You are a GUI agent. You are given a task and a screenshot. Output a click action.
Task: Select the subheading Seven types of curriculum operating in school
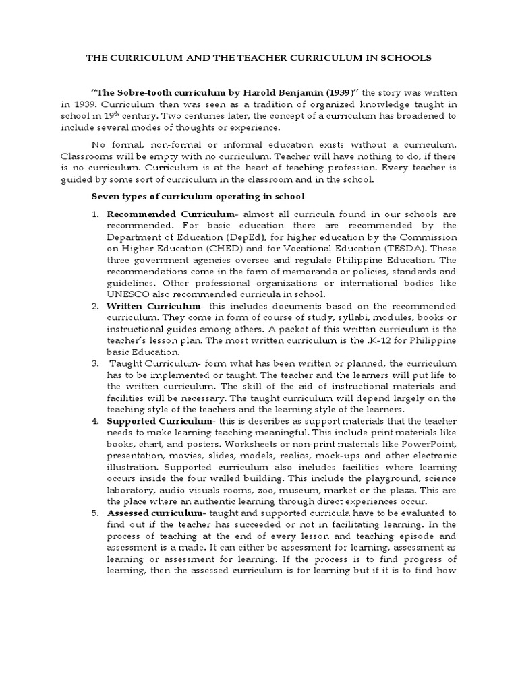(198, 196)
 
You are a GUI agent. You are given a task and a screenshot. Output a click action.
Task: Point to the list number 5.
(95, 513)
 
